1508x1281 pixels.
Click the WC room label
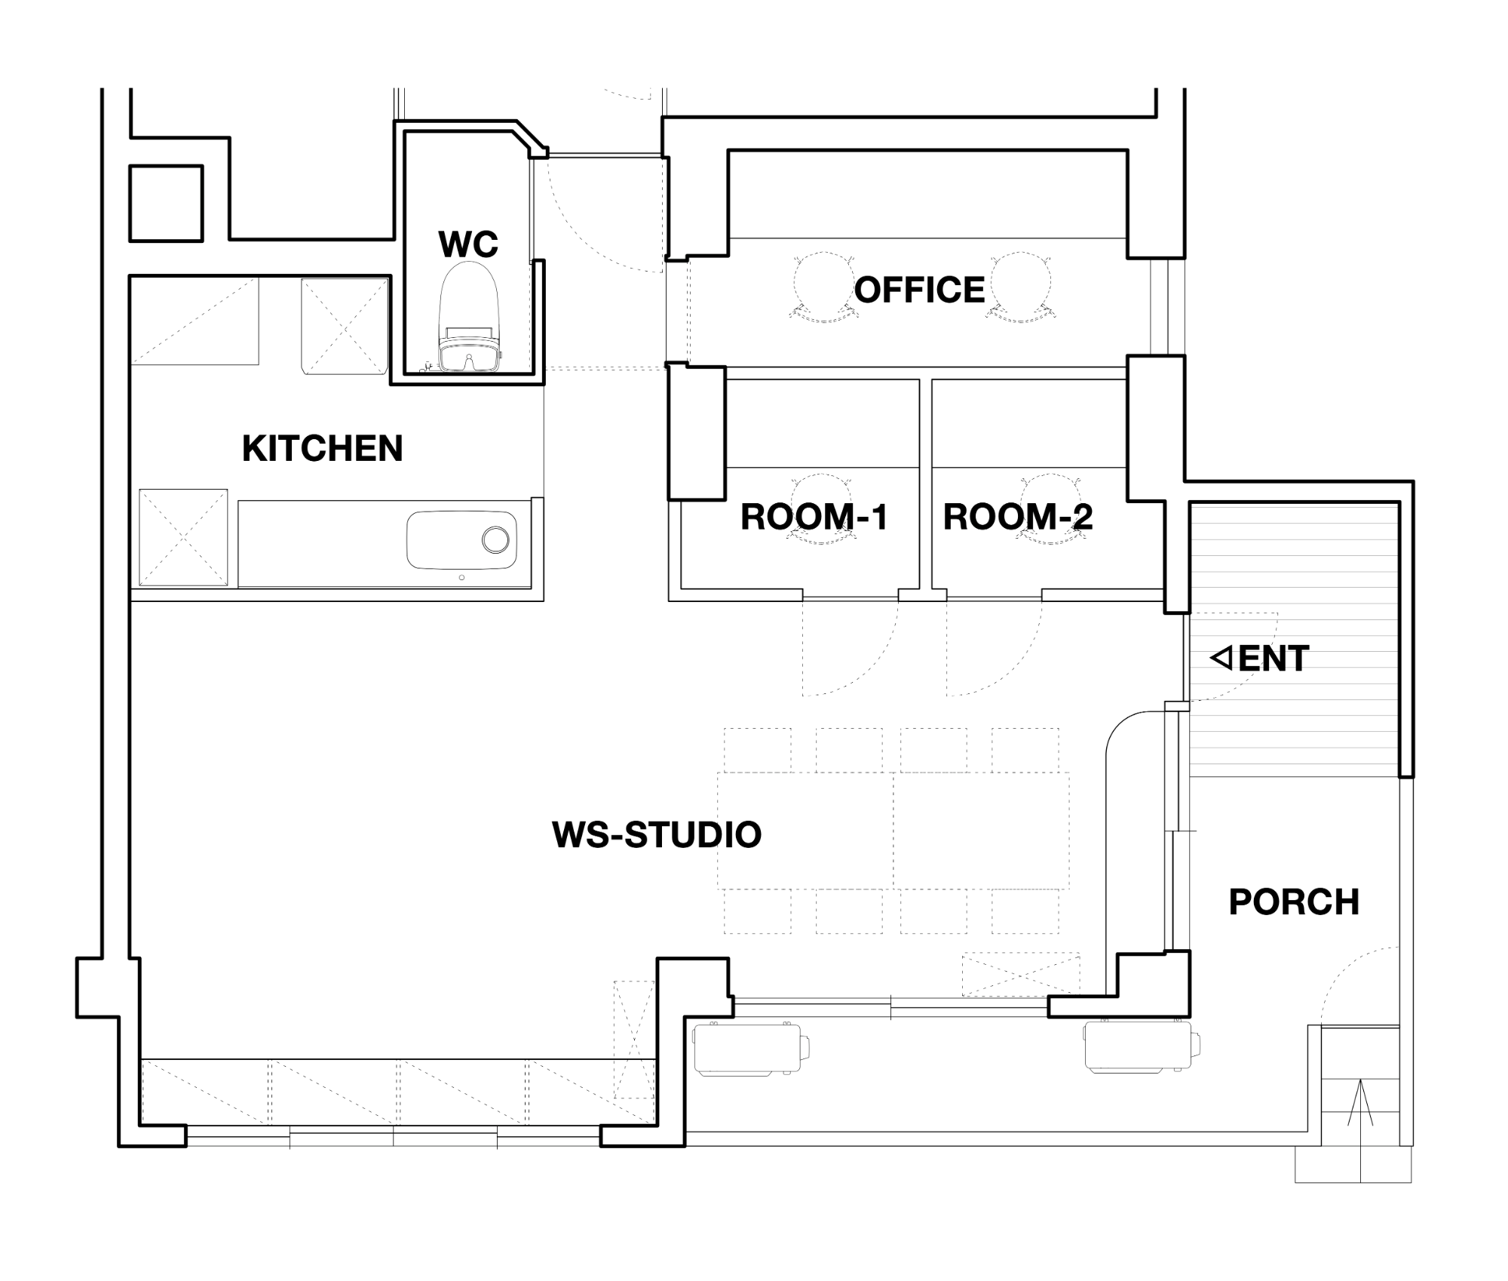click(468, 244)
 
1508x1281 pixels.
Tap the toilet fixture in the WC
click(469, 317)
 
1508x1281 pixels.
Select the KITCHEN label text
click(323, 448)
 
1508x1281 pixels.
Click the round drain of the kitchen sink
click(495, 539)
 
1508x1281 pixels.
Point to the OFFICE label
click(919, 290)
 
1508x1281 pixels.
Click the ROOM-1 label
click(814, 517)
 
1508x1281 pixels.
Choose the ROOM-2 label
click(1018, 517)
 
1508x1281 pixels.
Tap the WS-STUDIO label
click(657, 834)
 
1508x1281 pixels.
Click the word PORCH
click(1294, 902)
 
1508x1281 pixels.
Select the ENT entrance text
click(1274, 659)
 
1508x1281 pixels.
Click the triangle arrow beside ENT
click(1221, 658)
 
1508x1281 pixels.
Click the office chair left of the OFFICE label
click(823, 287)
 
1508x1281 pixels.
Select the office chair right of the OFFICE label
click(1020, 287)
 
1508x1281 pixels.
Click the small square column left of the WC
click(166, 204)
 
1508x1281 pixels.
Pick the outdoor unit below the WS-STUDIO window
click(751, 1049)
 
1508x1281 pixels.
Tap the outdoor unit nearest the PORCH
click(1142, 1047)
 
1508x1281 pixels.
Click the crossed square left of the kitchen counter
click(183, 537)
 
